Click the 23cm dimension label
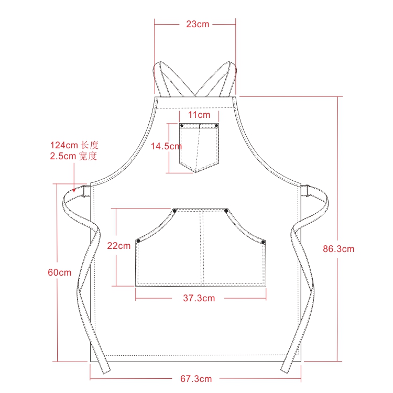[198, 24]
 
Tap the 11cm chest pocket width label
[199, 115]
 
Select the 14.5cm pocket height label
[166, 146]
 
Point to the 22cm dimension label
[119, 246]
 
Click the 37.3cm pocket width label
[199, 298]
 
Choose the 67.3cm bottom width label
[196, 379]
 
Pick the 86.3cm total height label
[339, 249]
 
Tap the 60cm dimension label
[60, 272]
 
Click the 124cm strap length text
[74, 145]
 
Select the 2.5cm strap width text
[73, 156]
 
